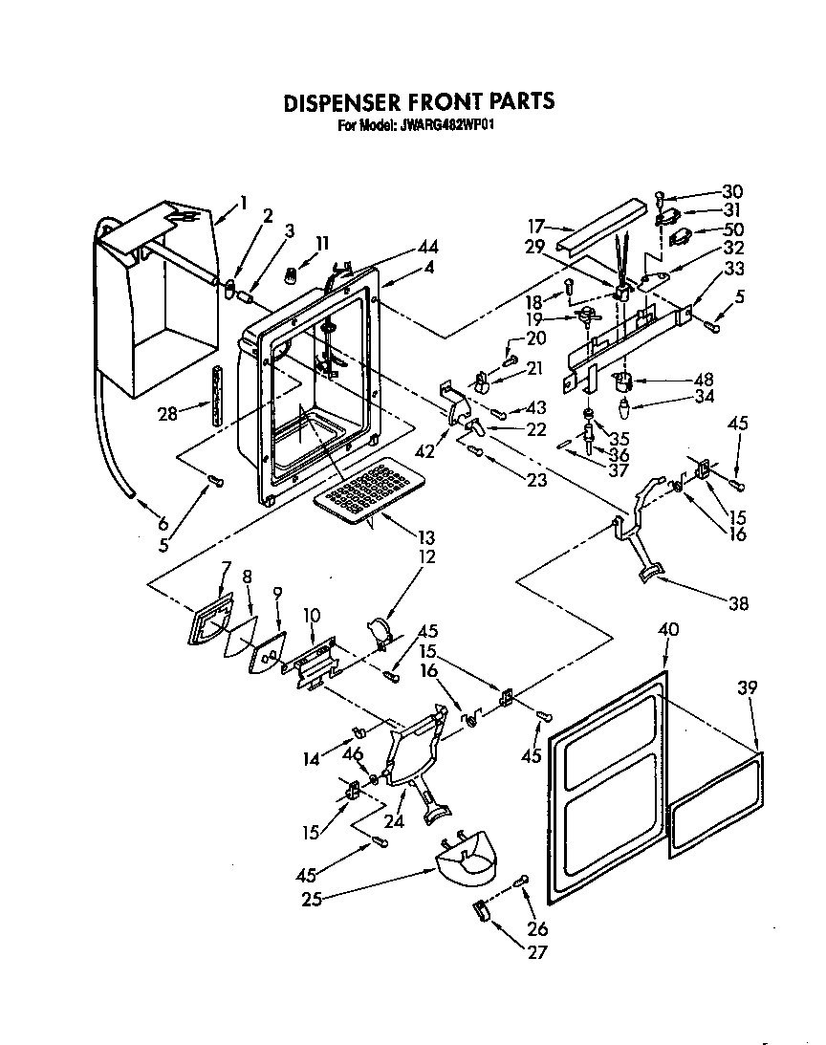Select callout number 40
click(x=669, y=629)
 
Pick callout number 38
click(x=738, y=603)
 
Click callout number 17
click(x=535, y=227)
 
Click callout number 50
click(x=732, y=229)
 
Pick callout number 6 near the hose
click(x=163, y=523)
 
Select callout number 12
click(x=426, y=556)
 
